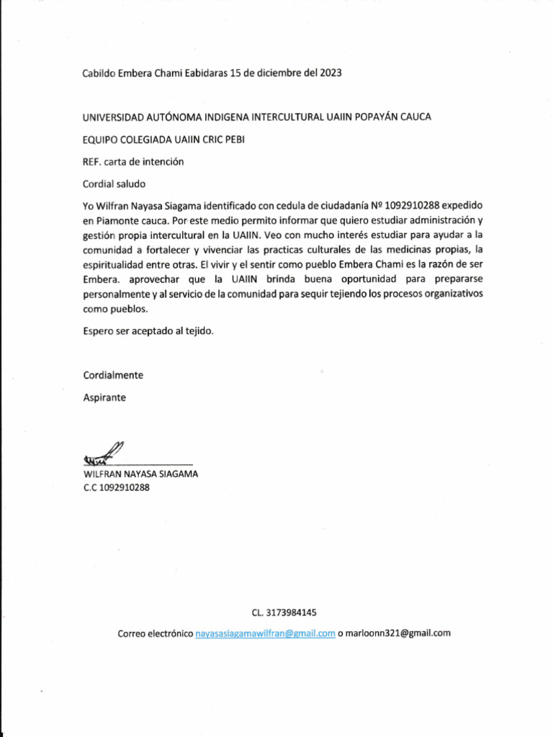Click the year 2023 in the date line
[x=328, y=73]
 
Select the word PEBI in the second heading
[x=234, y=140]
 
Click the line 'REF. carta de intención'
[x=133, y=162]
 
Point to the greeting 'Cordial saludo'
[x=114, y=184]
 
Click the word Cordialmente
[x=113, y=375]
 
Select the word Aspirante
[x=104, y=397]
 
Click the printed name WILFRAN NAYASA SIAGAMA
[x=141, y=474]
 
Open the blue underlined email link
[x=266, y=633]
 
